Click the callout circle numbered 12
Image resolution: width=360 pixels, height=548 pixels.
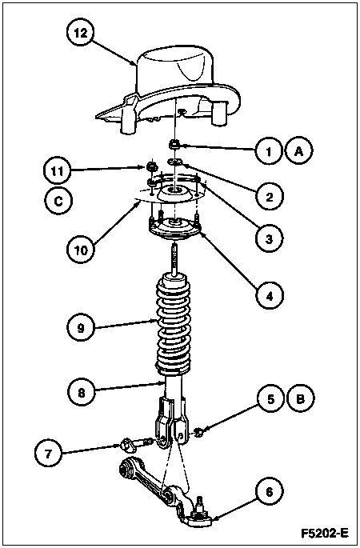80,34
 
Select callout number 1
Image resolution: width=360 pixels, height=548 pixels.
269,151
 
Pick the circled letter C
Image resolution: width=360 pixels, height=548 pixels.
58,201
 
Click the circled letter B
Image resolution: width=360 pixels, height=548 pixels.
301,398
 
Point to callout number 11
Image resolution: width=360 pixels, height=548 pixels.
58,171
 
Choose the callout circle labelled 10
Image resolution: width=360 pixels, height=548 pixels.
81,250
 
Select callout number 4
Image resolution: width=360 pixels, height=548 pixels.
269,296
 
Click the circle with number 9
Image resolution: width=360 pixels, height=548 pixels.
81,328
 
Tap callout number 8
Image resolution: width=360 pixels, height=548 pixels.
81,393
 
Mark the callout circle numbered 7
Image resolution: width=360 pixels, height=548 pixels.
48,454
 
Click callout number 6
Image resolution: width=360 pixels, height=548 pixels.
270,492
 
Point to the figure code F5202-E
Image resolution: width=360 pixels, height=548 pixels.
325,534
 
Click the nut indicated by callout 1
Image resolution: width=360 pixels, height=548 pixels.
174,143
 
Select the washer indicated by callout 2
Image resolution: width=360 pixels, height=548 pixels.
174,161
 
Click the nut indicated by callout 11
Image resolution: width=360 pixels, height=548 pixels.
151,166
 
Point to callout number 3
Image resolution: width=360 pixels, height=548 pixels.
269,239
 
